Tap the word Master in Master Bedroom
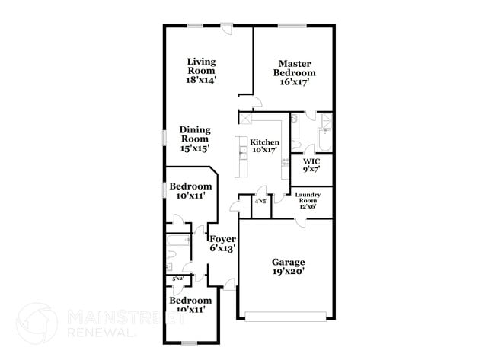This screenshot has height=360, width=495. (x=292, y=64)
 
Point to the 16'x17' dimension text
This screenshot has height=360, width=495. (x=292, y=82)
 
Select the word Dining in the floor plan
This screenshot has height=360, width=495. (x=195, y=129)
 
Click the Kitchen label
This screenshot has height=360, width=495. (x=265, y=142)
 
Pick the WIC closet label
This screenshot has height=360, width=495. (x=311, y=161)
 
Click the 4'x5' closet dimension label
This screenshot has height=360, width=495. (x=260, y=201)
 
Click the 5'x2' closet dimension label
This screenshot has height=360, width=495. (x=177, y=279)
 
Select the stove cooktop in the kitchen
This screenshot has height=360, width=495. (x=286, y=161)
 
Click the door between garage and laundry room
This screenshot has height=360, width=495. (x=302, y=221)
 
